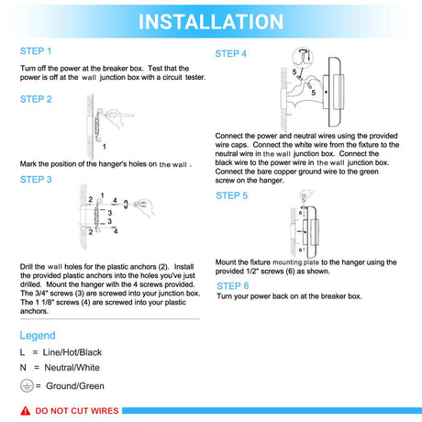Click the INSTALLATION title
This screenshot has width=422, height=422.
pos(211,22)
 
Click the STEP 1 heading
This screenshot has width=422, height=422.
pos(36,51)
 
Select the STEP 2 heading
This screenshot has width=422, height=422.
pos(36,99)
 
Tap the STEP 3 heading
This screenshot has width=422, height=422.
pos(36,180)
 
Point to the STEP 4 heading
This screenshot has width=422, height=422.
pos(231,54)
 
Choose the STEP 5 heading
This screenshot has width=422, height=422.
pos(232,195)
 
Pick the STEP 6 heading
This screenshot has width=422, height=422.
pos(233,286)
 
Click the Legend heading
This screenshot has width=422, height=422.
pos(38,336)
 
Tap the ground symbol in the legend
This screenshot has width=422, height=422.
pos(27,386)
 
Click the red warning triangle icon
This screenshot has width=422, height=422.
pos(26,411)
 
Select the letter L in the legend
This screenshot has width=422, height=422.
pos(22,352)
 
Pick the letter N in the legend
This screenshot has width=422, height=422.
pos(23,368)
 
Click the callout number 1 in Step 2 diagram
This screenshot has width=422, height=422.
pos(105,147)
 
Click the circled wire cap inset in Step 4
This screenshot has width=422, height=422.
pos(303,57)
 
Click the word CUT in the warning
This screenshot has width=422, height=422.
pos(77,411)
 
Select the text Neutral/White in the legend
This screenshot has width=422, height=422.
pos(72,368)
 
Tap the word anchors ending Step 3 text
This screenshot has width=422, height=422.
pos(34,311)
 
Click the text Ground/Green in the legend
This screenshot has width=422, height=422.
pos(75,386)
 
